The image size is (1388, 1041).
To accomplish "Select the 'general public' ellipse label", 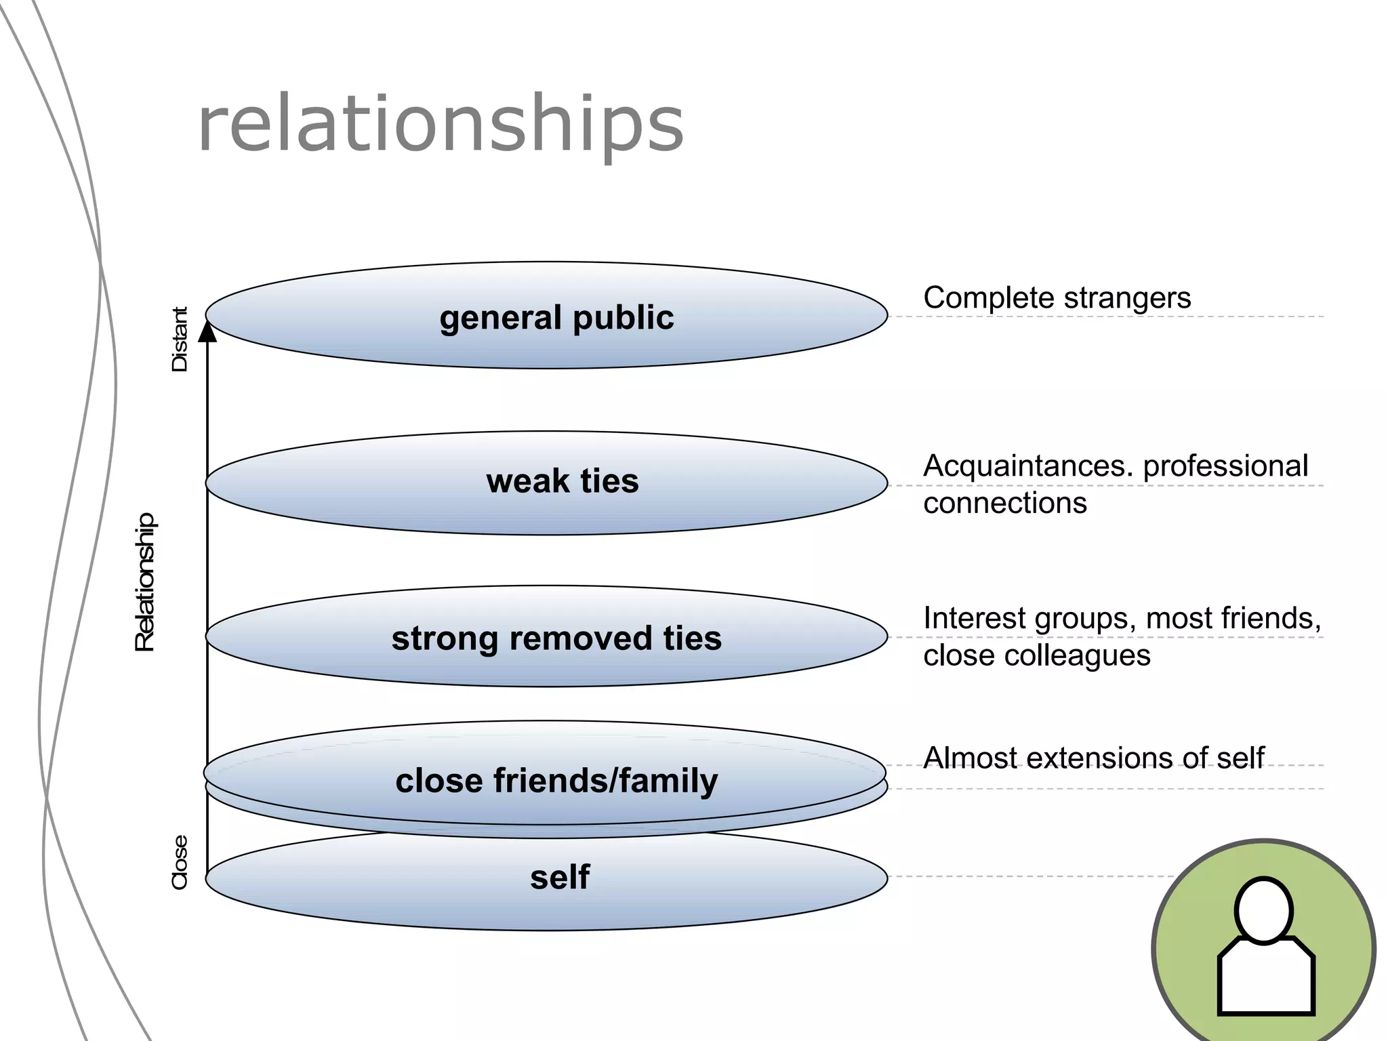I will click(x=556, y=317).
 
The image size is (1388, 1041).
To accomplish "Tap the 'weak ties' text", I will click(x=562, y=481).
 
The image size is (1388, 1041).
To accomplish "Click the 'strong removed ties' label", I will click(x=556, y=638).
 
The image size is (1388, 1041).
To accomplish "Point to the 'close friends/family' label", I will click(x=556, y=781).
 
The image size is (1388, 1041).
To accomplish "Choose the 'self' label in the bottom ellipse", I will click(x=560, y=877).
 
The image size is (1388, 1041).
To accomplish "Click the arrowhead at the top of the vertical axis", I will click(x=207, y=331).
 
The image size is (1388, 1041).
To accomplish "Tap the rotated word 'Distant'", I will click(x=180, y=339).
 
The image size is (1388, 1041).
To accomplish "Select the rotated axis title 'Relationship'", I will click(x=145, y=583).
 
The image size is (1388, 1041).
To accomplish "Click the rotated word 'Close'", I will click(x=180, y=862).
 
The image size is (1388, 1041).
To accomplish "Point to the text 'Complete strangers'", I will click(x=1057, y=298).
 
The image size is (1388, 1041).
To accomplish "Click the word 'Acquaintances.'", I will click(x=1028, y=466).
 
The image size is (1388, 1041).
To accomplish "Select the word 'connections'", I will click(x=1005, y=504).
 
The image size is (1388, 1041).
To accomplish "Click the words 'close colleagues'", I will click(x=1037, y=655).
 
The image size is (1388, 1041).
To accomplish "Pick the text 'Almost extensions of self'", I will click(x=1093, y=758).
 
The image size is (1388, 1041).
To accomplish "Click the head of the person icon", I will click(x=1263, y=910).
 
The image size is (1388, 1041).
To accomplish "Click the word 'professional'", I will click(x=1225, y=466).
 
